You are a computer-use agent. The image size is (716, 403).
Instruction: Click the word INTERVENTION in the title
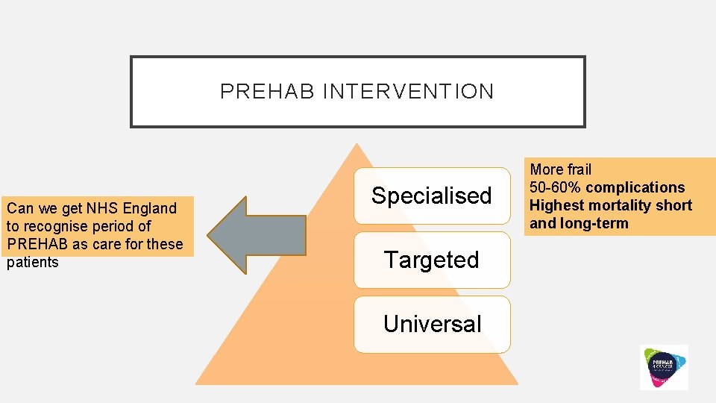tap(408, 92)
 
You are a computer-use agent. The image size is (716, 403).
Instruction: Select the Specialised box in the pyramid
tap(432, 196)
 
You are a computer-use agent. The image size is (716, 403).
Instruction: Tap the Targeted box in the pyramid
tap(432, 260)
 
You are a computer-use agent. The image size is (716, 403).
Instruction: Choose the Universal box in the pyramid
tap(432, 324)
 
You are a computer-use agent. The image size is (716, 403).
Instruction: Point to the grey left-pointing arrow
tap(257, 235)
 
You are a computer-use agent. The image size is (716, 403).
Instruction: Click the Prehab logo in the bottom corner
tap(664, 366)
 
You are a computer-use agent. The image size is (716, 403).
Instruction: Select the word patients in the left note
tap(33, 262)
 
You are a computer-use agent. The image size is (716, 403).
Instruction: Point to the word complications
tap(641, 187)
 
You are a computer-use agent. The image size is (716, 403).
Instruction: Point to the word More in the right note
tap(545, 169)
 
